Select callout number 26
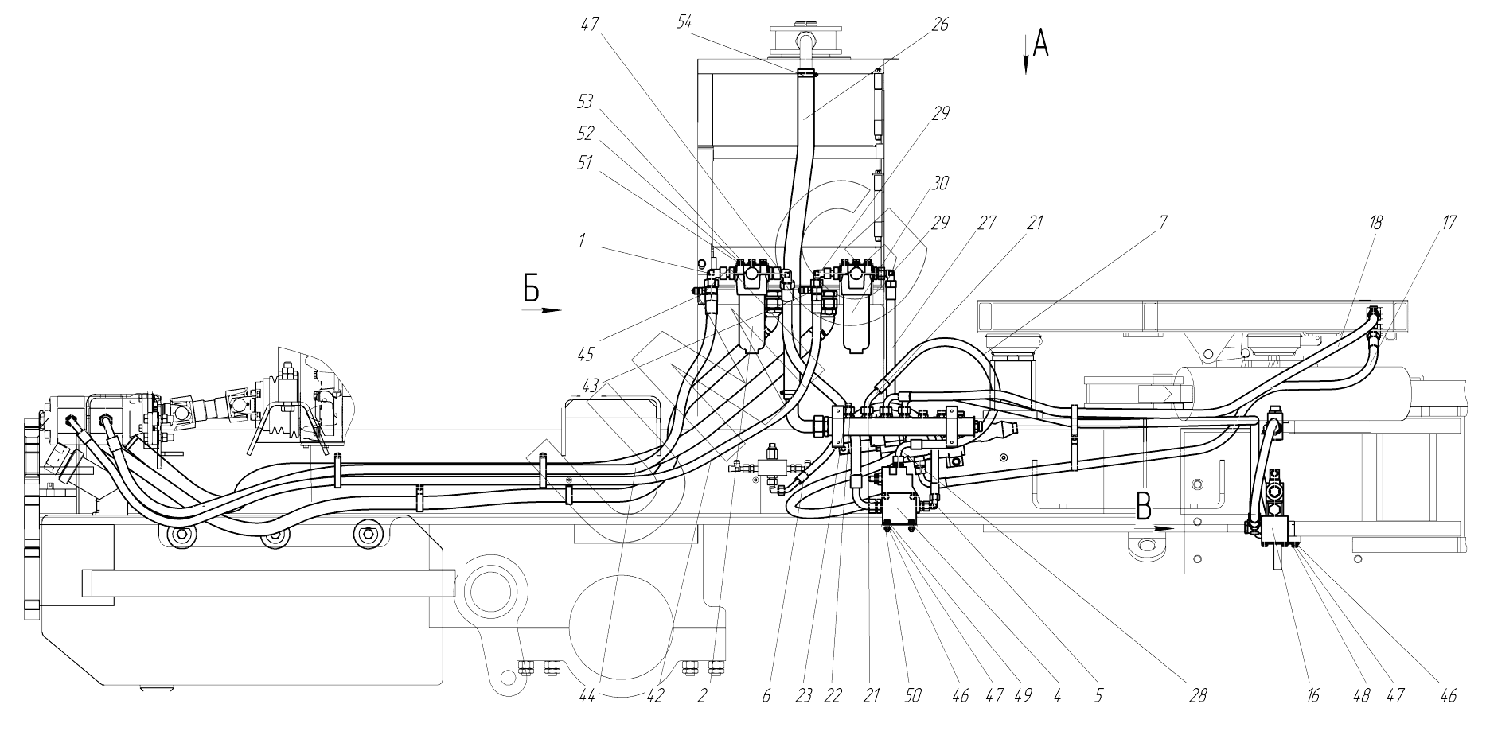click(x=940, y=25)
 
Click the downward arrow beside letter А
click(x=1026, y=56)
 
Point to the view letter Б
click(x=531, y=288)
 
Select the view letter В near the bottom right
click(x=1144, y=504)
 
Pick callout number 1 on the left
click(x=582, y=239)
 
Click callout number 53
click(x=586, y=103)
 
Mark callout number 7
click(x=1163, y=224)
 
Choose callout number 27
click(x=987, y=224)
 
